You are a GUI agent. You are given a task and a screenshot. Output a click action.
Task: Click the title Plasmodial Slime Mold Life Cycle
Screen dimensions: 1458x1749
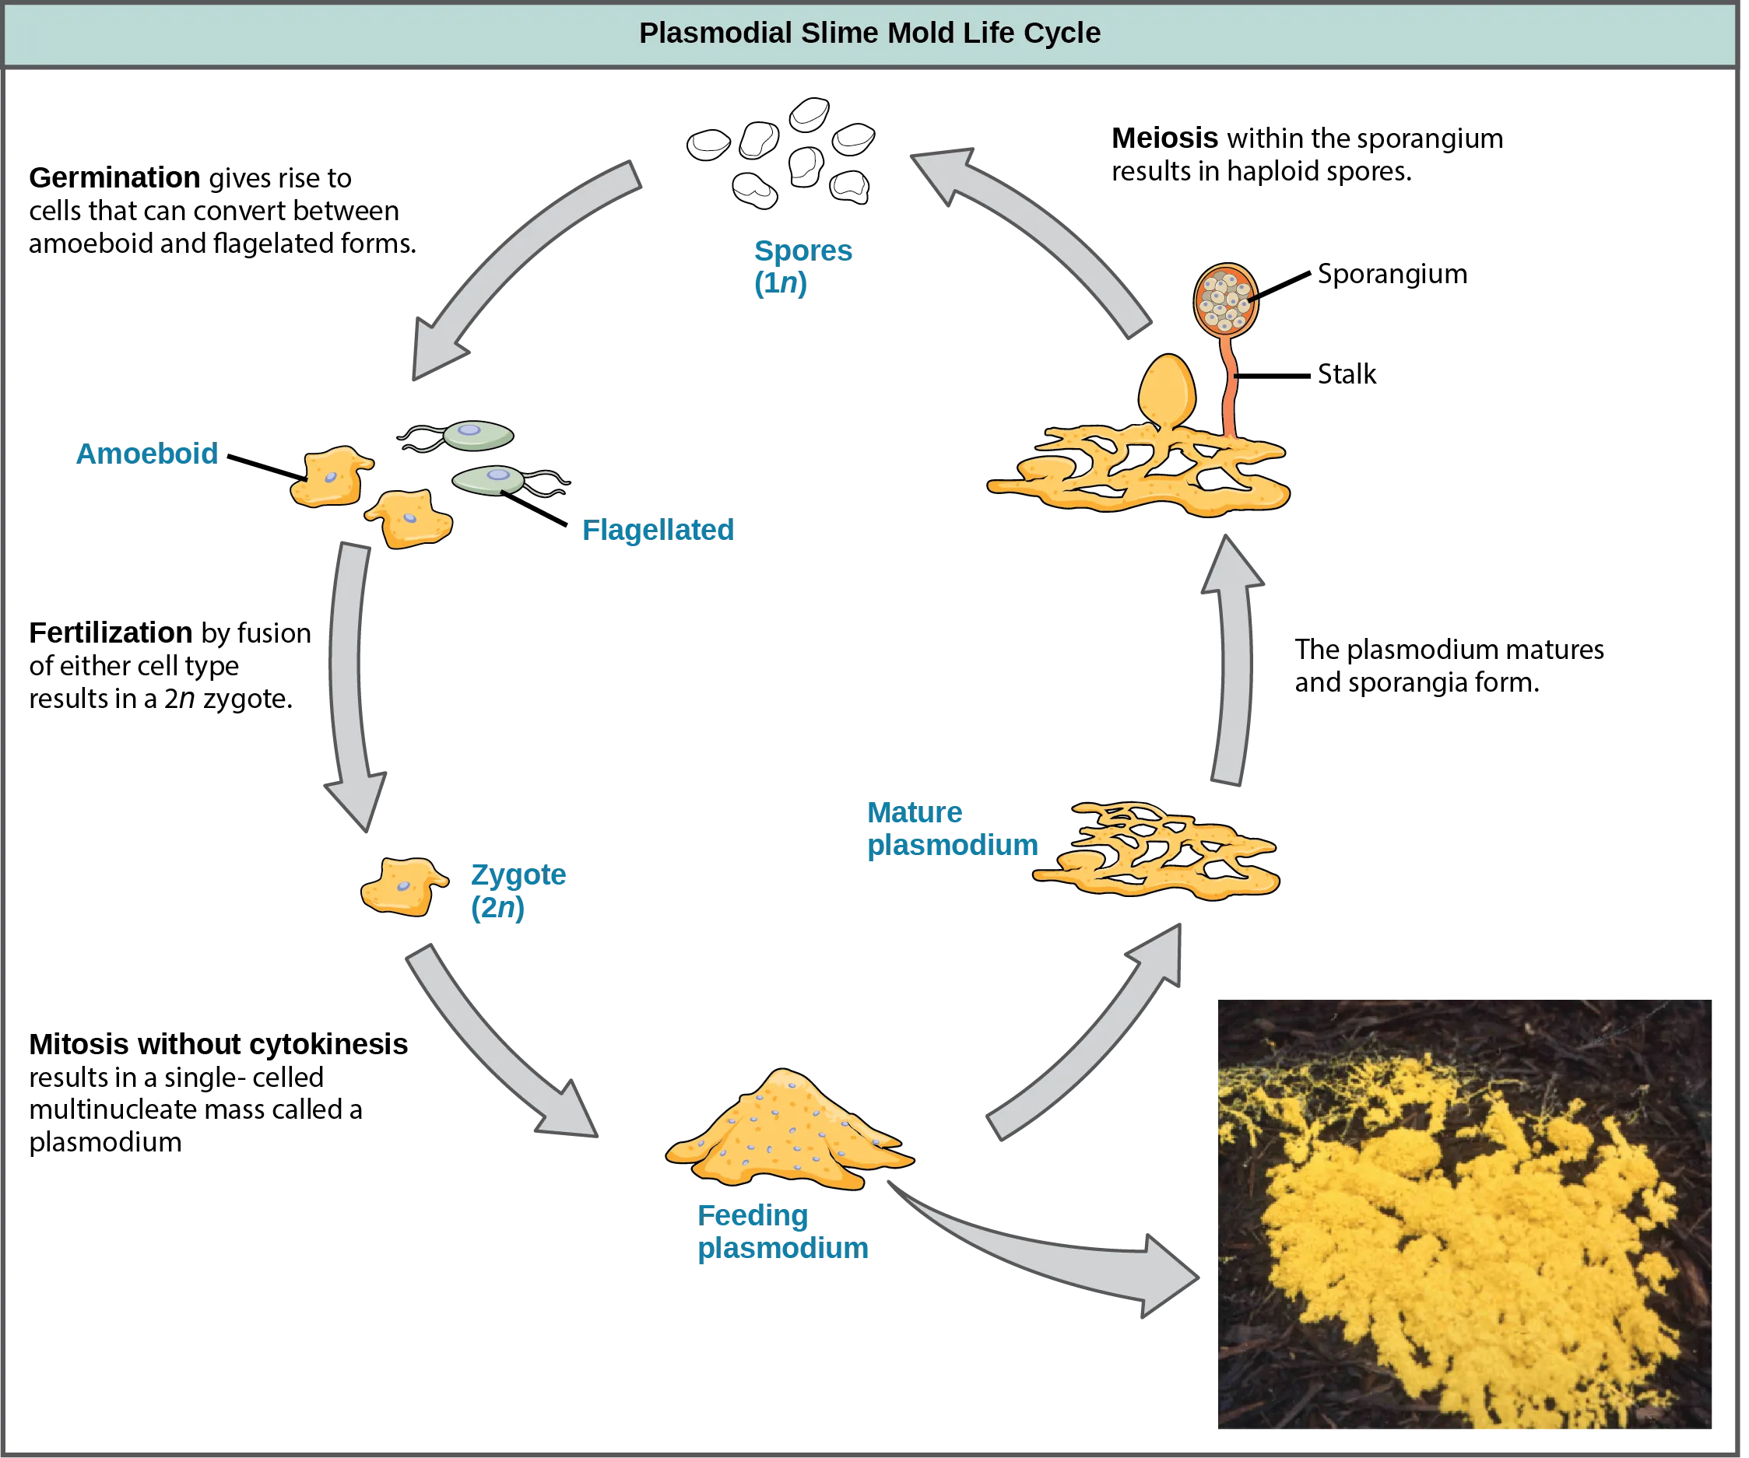[x=869, y=33]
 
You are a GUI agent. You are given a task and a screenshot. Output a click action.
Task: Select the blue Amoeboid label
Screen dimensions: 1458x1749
[x=146, y=454]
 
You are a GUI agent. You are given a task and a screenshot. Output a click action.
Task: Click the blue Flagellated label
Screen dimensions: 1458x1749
[x=656, y=530]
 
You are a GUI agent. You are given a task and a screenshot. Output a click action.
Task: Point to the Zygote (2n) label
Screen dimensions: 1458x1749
[x=516, y=891]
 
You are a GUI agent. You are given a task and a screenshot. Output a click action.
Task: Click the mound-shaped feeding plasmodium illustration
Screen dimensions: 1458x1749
[x=787, y=1133]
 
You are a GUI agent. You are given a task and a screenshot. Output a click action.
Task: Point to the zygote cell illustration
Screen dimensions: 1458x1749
[x=402, y=886]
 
